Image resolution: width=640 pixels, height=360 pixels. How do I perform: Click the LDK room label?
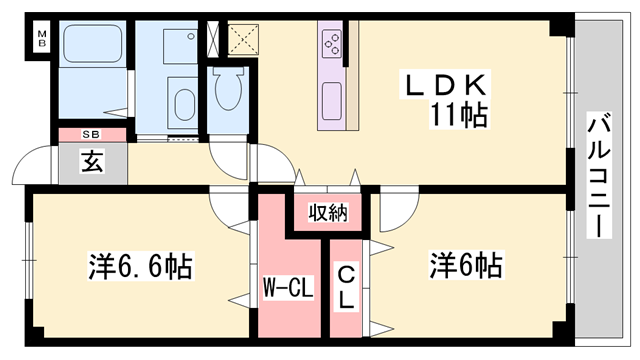point(446,84)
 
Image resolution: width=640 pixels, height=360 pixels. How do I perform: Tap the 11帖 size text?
point(460,115)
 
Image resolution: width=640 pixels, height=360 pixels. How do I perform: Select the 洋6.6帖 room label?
point(140,267)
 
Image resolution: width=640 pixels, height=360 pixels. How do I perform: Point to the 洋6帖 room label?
point(466,266)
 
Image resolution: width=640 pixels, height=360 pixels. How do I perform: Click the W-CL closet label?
point(288,290)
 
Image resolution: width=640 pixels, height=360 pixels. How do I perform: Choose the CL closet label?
point(346,286)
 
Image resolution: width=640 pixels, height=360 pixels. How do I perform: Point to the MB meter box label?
point(43,41)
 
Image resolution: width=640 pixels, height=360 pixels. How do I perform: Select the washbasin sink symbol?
point(184,103)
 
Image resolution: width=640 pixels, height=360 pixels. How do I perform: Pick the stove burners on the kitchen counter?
point(331,44)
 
